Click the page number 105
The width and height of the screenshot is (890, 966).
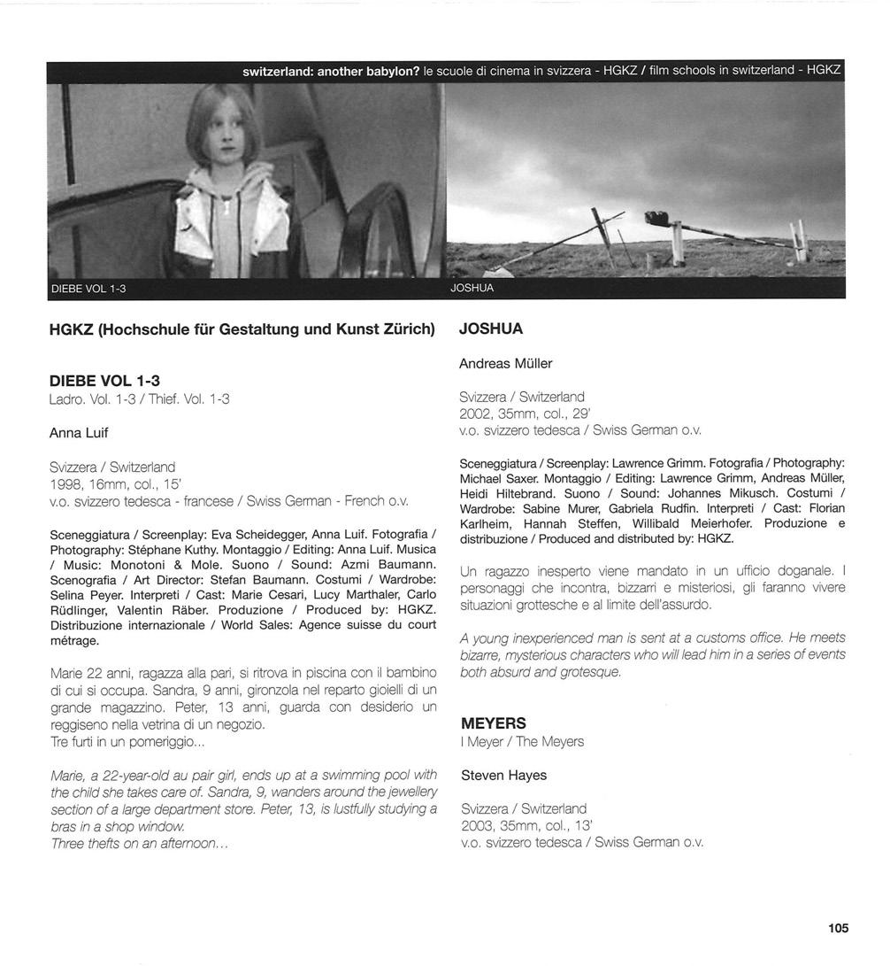click(x=838, y=928)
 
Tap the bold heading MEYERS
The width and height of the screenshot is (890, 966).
click(x=493, y=723)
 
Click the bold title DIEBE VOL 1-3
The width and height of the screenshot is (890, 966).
click(x=104, y=381)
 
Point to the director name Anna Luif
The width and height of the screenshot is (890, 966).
click(x=79, y=433)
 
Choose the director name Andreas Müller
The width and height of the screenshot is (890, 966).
click(x=505, y=363)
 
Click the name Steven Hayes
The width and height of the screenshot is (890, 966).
click(x=503, y=775)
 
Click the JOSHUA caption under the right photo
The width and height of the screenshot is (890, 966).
click(x=472, y=289)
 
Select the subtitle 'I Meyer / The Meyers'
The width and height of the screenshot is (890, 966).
click(x=522, y=741)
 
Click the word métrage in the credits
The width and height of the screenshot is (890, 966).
click(x=75, y=640)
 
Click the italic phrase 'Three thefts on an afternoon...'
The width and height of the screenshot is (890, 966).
click(x=140, y=844)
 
